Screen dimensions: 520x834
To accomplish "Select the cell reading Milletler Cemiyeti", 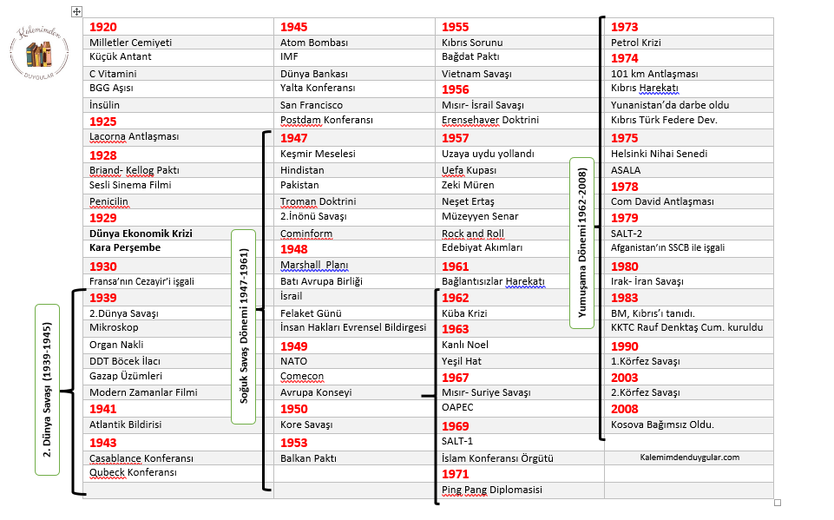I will [x=130, y=43].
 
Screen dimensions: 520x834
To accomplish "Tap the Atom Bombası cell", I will [x=314, y=43].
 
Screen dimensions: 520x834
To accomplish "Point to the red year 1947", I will [x=294, y=138].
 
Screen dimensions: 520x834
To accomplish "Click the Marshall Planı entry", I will [x=314, y=265].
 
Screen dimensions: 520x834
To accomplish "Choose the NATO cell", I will [x=294, y=361].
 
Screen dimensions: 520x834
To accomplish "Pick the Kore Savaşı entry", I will [x=306, y=425].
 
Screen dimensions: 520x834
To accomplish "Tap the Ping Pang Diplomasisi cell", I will [x=492, y=490].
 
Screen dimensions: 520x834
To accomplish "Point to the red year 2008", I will [x=625, y=409].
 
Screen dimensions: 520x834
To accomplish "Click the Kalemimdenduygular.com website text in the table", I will [x=689, y=457].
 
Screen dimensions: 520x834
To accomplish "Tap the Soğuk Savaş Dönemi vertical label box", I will [x=243, y=326].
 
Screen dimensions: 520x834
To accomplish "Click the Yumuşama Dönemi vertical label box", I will [x=581, y=242].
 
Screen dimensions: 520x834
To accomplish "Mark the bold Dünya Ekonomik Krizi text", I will [x=141, y=234].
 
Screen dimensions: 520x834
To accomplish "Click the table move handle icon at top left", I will [x=77, y=11].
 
